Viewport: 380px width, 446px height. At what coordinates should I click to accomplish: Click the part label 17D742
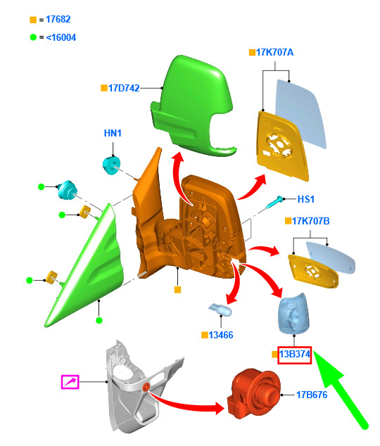pyautogui.click(x=124, y=88)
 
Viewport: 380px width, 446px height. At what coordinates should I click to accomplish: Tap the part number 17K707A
pyautogui.click(x=274, y=52)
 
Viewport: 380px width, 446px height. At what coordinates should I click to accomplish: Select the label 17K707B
pyautogui.click(x=310, y=221)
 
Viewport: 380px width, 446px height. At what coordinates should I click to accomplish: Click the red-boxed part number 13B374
pyautogui.click(x=295, y=354)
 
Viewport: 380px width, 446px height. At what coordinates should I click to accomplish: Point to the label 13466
pyautogui.click(x=221, y=335)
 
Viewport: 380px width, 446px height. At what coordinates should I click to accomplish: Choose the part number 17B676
pyautogui.click(x=312, y=395)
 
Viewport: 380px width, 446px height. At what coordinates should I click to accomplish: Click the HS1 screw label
pyautogui.click(x=306, y=199)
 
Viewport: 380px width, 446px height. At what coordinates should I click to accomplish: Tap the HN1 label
pyautogui.click(x=113, y=133)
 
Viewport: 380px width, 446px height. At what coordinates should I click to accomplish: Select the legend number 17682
pyautogui.click(x=58, y=19)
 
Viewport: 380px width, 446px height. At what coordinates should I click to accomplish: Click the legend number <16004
pyautogui.click(x=61, y=37)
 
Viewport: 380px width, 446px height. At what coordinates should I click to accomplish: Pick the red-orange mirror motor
pyautogui.click(x=253, y=394)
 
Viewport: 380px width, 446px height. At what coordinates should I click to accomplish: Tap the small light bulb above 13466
pyautogui.click(x=220, y=310)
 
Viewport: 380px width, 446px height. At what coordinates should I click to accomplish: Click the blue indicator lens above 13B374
pyautogui.click(x=293, y=314)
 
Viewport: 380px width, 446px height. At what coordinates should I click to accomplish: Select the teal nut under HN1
pyautogui.click(x=111, y=165)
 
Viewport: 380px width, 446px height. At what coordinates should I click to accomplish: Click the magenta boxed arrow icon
pyautogui.click(x=70, y=382)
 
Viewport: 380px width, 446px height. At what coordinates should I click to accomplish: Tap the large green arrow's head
pyautogui.click(x=327, y=367)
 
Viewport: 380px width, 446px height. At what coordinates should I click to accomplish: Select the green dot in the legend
pyautogui.click(x=33, y=37)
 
